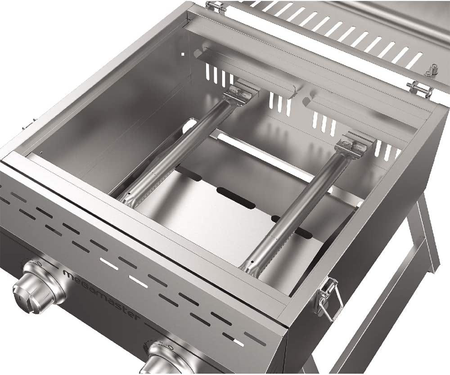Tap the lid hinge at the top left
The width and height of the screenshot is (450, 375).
coord(216,6)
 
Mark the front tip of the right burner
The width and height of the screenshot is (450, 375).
coord(250,268)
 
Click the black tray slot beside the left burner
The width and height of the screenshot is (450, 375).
coord(189,173)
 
